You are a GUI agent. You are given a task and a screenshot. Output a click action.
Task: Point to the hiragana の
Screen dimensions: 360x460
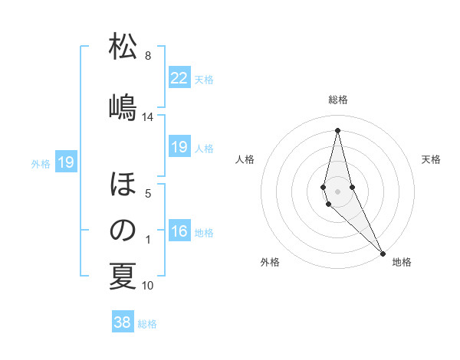123,230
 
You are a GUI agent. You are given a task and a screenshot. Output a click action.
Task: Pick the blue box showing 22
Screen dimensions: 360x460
179,78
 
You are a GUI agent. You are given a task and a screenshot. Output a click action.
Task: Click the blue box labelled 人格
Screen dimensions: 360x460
179,147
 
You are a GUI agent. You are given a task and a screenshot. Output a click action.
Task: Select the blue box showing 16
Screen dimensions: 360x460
179,231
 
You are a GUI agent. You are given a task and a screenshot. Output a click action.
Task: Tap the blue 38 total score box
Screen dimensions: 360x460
123,322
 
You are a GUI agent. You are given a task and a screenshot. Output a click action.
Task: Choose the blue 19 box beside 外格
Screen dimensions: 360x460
65,162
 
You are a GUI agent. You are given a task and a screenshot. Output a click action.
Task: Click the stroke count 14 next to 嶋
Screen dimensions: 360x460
148,116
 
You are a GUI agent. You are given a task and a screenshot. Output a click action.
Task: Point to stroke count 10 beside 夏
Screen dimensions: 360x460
148,286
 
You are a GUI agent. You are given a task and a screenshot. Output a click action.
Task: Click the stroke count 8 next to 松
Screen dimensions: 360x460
148,56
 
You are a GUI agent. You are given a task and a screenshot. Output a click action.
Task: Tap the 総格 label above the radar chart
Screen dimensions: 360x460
338,100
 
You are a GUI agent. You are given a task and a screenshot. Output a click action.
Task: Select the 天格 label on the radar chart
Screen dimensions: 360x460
431,159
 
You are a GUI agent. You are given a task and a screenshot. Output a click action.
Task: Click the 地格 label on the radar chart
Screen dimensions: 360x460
402,262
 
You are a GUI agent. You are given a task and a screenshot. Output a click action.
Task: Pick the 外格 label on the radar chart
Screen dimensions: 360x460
270,262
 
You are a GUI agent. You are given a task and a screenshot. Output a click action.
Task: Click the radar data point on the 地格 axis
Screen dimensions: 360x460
383,253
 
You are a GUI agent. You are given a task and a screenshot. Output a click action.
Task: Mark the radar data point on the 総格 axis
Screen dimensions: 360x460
337,129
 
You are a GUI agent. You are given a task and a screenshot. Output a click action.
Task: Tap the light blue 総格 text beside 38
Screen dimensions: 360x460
147,324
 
